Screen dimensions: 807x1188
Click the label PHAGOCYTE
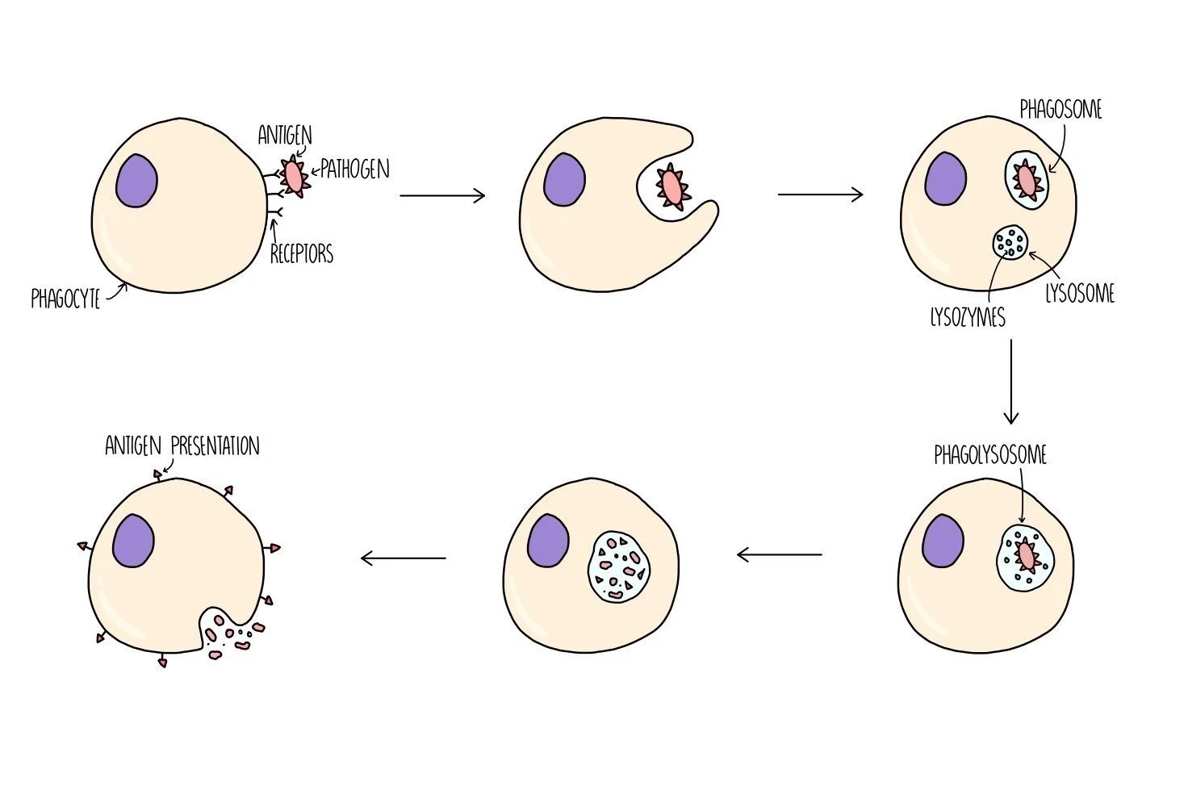(x=65, y=299)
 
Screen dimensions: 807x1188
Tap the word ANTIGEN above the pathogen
(x=285, y=135)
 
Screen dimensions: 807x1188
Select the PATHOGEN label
(x=355, y=169)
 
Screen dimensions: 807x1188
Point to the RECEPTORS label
(x=301, y=254)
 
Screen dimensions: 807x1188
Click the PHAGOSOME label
(x=1060, y=110)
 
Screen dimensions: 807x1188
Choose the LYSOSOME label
(x=1080, y=294)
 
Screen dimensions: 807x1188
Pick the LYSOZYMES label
(x=968, y=318)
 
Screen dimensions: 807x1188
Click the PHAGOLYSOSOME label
(x=990, y=455)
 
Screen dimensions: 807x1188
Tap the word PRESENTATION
(x=215, y=446)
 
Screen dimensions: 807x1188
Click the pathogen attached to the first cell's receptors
(x=295, y=178)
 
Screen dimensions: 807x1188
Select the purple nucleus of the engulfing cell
(x=564, y=179)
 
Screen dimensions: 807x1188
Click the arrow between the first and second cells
(x=442, y=195)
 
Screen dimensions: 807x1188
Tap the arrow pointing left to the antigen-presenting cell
(x=404, y=558)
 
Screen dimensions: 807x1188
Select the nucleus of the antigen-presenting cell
(x=133, y=540)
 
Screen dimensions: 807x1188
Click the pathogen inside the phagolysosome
(x=1026, y=556)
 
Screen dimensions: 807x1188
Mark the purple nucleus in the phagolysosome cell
(x=943, y=540)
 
